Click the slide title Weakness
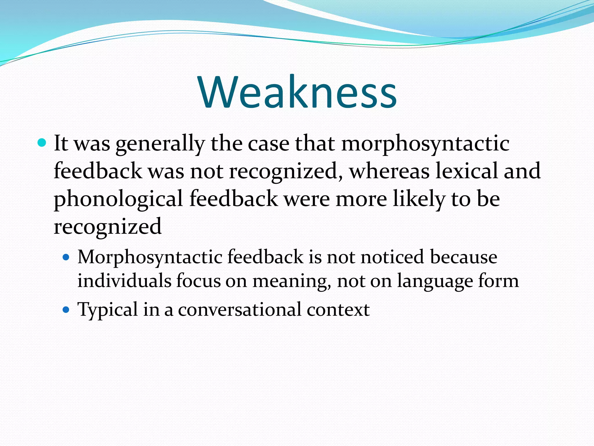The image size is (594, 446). click(297, 92)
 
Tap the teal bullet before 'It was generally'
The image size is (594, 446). click(42, 143)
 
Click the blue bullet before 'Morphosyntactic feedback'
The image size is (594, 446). click(66, 257)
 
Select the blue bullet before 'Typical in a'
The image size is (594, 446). click(66, 310)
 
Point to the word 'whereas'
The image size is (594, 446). click(389, 171)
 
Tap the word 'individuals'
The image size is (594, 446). click(124, 281)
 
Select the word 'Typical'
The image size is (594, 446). click(108, 310)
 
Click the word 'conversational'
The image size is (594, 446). click(240, 310)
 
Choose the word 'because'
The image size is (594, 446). click(463, 257)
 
